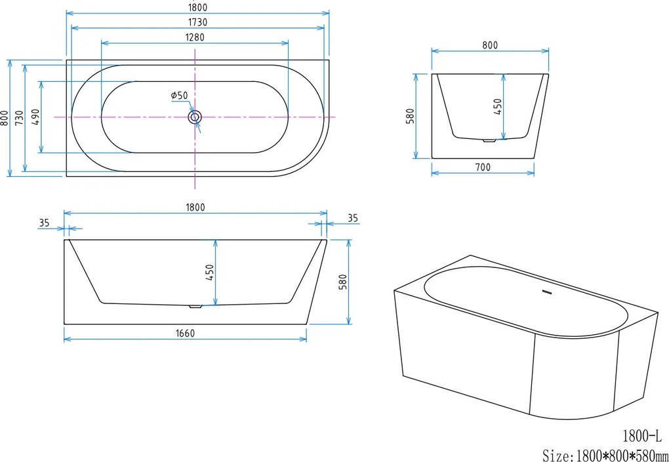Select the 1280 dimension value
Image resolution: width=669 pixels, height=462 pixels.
pos(195,37)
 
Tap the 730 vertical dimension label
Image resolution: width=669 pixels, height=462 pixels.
pos(20,117)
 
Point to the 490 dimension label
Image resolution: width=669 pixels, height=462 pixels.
pos(36,117)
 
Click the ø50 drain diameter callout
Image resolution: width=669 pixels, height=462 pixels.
pos(179,96)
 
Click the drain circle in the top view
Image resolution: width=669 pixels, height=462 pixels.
pos(195,117)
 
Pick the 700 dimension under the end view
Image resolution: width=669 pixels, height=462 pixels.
pos(482,167)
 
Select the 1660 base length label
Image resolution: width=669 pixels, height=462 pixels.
pos(186,333)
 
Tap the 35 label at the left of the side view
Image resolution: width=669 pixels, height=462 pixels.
pos(44,223)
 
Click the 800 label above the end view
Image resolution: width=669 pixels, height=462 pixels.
pos(490,45)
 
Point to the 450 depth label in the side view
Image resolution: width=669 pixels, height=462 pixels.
pos(211,272)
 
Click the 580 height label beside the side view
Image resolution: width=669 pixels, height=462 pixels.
pos(342,281)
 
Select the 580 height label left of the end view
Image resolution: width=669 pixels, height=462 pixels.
pos(409,116)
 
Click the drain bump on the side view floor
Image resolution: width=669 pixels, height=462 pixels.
pos(194,305)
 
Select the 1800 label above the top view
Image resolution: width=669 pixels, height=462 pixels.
pos(197,7)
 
